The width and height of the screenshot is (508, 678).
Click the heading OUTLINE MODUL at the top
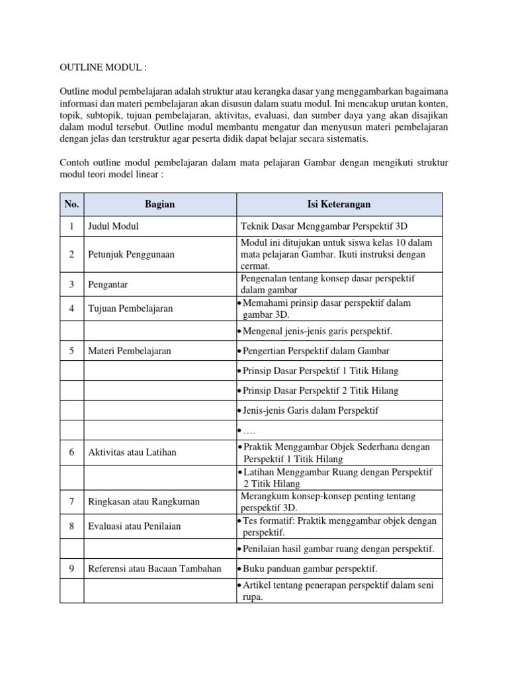(x=103, y=68)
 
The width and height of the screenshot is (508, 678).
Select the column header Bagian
(x=159, y=204)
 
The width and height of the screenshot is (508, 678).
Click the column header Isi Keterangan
(x=338, y=204)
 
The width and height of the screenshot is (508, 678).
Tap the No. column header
(x=71, y=204)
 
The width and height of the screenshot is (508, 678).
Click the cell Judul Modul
(x=113, y=226)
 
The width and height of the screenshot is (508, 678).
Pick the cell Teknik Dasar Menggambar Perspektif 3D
(x=323, y=226)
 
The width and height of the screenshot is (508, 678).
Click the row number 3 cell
(x=71, y=285)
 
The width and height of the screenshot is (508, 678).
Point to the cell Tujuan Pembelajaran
(x=130, y=309)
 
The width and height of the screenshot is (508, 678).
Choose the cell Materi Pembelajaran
(x=129, y=351)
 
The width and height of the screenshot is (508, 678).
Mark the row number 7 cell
(x=71, y=502)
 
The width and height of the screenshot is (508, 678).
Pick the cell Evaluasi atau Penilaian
(x=134, y=526)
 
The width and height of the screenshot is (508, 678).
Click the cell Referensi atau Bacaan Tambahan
(x=155, y=569)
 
